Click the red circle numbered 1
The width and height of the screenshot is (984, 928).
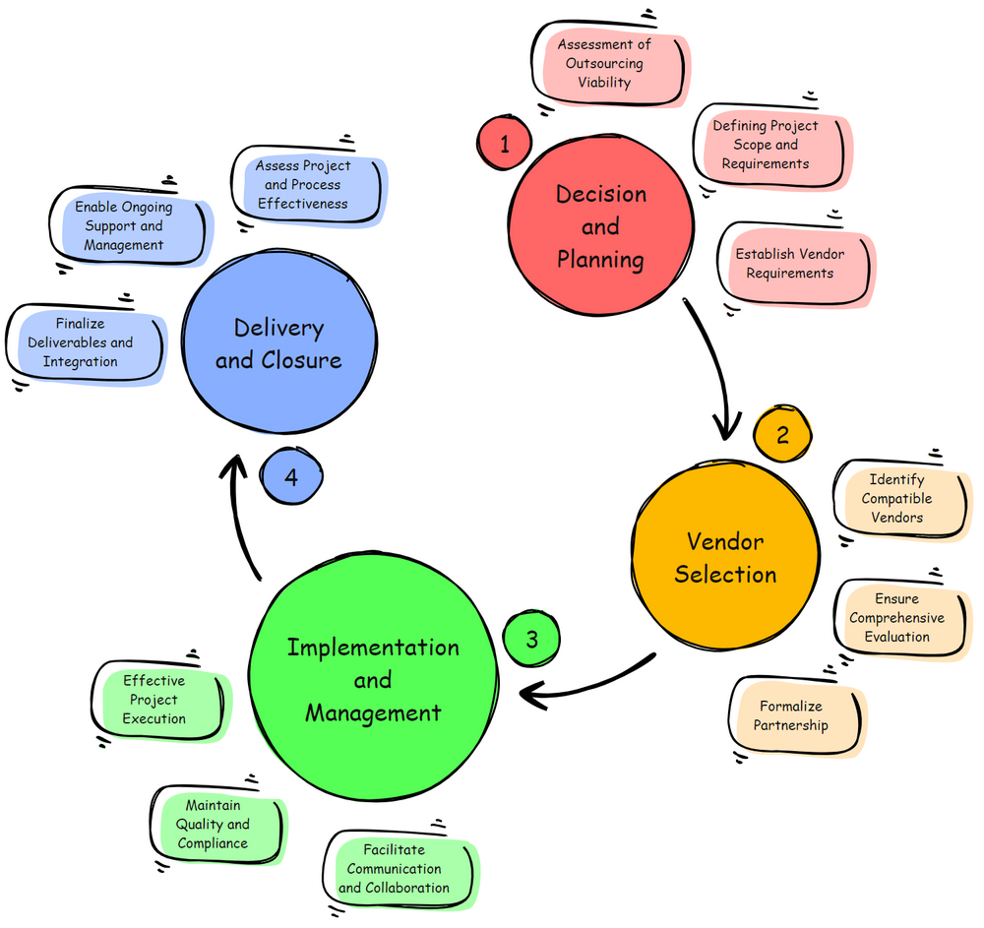(505, 145)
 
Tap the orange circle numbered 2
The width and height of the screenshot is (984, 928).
(783, 434)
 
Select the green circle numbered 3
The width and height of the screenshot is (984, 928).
(531, 639)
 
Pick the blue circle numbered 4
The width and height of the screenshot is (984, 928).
(291, 476)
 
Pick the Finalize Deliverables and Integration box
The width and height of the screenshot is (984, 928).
(83, 342)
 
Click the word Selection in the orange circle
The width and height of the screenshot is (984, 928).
(725, 575)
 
